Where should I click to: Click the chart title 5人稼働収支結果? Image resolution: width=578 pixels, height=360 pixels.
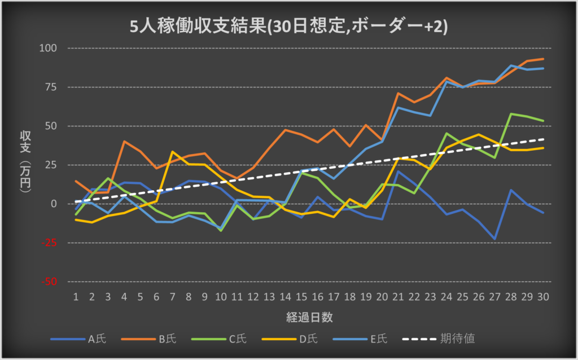pos(288,27)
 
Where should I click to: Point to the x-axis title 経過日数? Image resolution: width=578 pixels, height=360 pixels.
pos(309,317)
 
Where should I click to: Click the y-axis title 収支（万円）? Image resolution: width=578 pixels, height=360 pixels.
pos(25,164)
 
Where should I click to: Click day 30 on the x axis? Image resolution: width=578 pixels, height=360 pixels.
pos(543,296)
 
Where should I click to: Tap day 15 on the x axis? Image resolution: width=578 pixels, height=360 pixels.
pos(302,296)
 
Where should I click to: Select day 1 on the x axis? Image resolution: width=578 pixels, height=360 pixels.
pos(76,296)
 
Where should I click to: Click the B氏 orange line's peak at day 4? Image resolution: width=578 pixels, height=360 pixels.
pos(124,142)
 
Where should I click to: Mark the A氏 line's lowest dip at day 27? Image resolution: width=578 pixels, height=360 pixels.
pos(495,239)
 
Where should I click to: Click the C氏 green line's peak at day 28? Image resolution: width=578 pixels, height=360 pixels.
pos(511,114)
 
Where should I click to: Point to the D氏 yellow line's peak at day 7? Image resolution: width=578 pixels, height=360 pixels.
pos(172,152)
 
